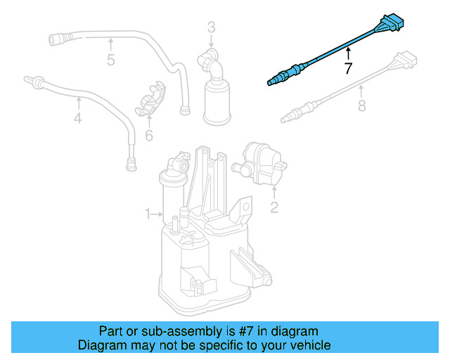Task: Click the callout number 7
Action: [x=347, y=69]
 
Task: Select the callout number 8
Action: [x=362, y=106]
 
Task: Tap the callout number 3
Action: [x=211, y=27]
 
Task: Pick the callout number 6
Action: [x=148, y=135]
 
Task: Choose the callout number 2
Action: [x=274, y=207]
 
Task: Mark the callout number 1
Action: [x=148, y=213]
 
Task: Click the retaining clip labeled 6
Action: [x=150, y=100]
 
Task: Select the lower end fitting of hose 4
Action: [x=130, y=166]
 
